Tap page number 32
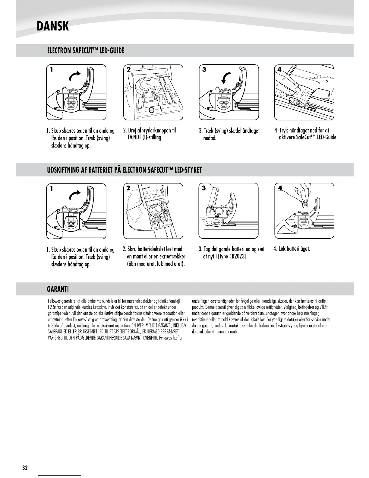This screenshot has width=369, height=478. [x=25, y=468]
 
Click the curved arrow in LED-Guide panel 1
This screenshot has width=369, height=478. [x=75, y=77]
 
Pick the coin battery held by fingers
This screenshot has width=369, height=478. [x=306, y=205]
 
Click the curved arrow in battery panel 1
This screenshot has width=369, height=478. [x=75, y=195]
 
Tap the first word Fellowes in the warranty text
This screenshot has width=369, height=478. [x=55, y=301]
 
